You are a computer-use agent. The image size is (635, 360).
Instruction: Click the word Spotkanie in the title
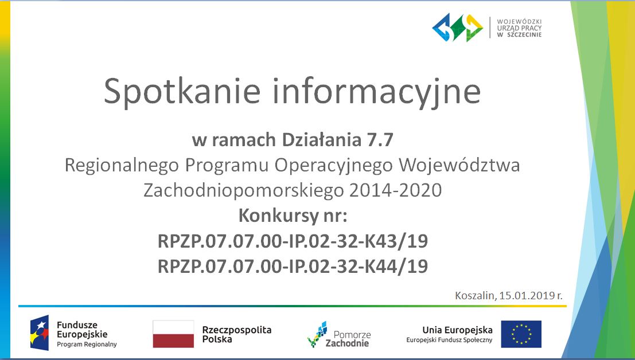click(182, 92)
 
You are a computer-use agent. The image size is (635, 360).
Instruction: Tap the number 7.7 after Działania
click(380, 140)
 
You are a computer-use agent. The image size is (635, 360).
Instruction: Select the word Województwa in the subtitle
click(459, 165)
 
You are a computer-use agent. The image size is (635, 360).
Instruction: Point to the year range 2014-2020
click(395, 190)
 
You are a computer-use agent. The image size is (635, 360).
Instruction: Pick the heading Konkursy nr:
click(293, 216)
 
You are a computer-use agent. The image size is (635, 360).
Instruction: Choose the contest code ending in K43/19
click(293, 241)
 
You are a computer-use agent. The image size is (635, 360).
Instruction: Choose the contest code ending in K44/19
click(293, 267)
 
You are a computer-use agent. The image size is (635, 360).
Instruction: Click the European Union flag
click(521, 334)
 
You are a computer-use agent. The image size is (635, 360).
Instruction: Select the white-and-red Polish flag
click(173, 334)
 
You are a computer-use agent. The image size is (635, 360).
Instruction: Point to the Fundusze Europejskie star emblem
click(39, 332)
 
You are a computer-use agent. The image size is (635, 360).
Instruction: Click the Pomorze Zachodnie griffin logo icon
click(317, 334)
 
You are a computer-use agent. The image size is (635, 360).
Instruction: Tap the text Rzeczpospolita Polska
click(237, 335)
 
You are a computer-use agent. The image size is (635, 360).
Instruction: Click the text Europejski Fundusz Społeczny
click(450, 340)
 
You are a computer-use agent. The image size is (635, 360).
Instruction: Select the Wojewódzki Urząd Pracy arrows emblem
click(458, 28)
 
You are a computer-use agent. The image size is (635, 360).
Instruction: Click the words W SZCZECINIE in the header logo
click(519, 35)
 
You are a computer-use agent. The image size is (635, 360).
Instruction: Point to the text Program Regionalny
click(87, 345)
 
